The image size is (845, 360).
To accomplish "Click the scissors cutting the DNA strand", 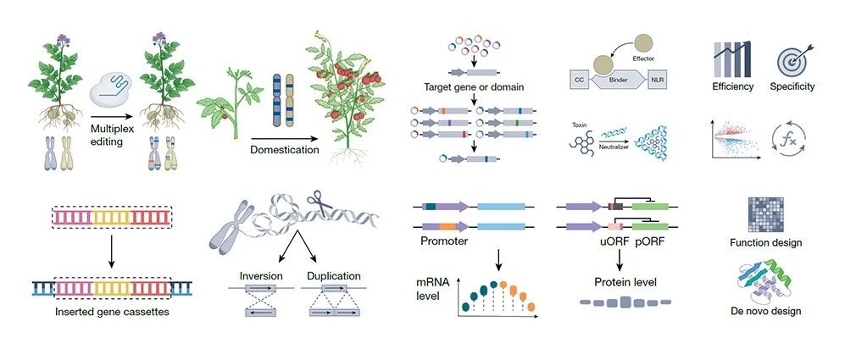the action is coord(320,203).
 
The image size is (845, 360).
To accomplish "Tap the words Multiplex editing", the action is coord(112,136).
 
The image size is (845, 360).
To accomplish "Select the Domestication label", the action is coord(285,150).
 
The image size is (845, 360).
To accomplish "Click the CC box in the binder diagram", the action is coord(580,80).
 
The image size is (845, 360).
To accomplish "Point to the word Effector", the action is coord(643,58).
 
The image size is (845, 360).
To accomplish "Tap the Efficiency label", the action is coord(732,86).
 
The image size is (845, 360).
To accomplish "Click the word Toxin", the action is coord(580,125).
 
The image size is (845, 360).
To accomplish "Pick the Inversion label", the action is coord(261,276).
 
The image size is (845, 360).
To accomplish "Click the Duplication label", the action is coord(334,276).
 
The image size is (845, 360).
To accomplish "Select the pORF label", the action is coord(649,242).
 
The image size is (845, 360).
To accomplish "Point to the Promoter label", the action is coord(444,241).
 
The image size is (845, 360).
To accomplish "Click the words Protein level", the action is coord(625,282).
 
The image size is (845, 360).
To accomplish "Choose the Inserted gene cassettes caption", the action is coord(112,312).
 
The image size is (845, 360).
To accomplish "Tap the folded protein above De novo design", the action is coord(765,280).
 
